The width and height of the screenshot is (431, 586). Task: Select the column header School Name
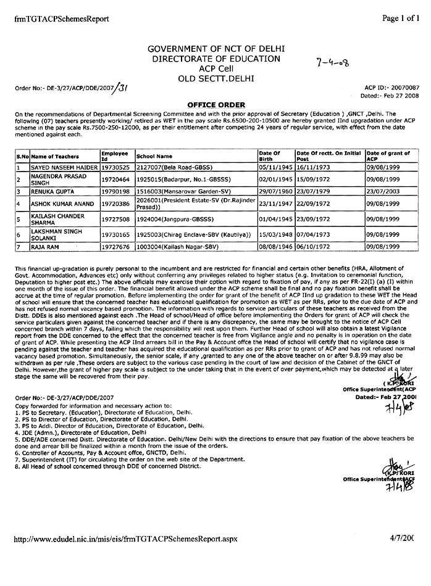pos(154,157)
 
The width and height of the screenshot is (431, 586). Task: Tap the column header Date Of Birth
pos(269,155)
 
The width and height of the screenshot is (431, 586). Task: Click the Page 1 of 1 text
pos(400,19)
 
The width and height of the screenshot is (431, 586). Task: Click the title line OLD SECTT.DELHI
pos(213,78)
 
